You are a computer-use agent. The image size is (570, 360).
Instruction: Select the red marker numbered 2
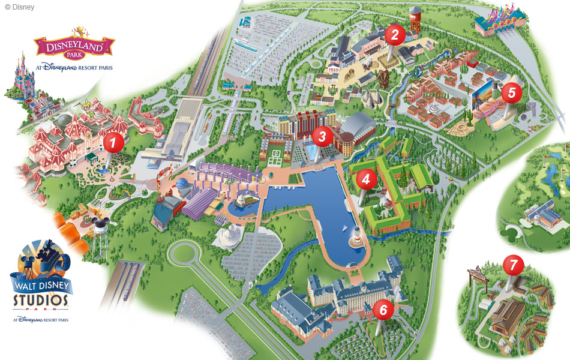[x=394, y=34]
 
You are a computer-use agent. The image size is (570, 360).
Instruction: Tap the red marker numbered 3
[x=322, y=136]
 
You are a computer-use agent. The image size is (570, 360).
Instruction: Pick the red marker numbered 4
[x=366, y=178]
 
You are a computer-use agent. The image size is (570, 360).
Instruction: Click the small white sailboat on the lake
[x=343, y=229]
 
